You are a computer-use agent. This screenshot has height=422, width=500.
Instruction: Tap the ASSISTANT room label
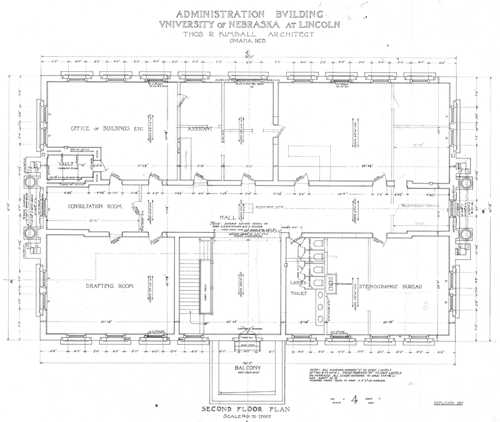pyautogui.click(x=200, y=128)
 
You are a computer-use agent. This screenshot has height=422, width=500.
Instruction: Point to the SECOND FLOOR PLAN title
pyautogui.click(x=248, y=410)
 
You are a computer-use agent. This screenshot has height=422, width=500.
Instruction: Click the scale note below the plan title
pyautogui.click(x=248, y=416)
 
